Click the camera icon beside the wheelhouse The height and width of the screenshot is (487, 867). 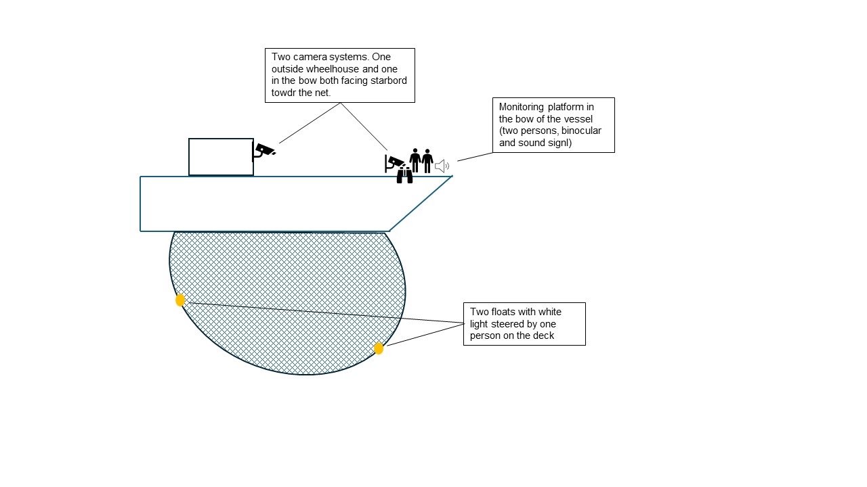(x=263, y=151)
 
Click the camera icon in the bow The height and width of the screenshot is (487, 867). (x=394, y=163)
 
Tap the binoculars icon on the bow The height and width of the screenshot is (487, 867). (x=404, y=176)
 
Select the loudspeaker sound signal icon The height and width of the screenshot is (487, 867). (x=442, y=166)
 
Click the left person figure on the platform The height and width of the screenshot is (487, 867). (x=415, y=160)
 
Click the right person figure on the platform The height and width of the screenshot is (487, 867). (x=427, y=160)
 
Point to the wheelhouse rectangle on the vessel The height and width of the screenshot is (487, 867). (x=221, y=157)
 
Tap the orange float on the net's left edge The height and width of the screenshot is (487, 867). (x=180, y=300)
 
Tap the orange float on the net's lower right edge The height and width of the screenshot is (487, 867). (x=379, y=348)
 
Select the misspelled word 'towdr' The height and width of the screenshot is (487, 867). (x=284, y=93)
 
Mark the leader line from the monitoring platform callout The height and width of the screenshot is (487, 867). (x=475, y=157)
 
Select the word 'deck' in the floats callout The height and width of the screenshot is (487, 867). (x=543, y=335)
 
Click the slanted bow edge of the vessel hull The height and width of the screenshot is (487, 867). (x=421, y=204)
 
